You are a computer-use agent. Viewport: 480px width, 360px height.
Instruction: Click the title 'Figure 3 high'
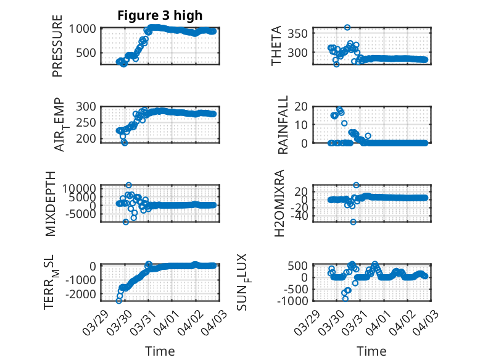point(160,15)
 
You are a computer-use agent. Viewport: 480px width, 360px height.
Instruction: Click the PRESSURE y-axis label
point(57,49)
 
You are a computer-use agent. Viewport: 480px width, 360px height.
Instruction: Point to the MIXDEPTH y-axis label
point(51,203)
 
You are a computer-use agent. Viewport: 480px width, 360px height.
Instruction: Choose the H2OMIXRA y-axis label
point(279,203)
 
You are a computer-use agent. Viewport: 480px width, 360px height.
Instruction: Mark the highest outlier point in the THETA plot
point(347,28)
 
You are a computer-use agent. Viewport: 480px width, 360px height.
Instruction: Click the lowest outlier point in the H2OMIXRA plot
point(353,222)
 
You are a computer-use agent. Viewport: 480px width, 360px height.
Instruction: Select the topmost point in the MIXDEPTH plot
point(128,185)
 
